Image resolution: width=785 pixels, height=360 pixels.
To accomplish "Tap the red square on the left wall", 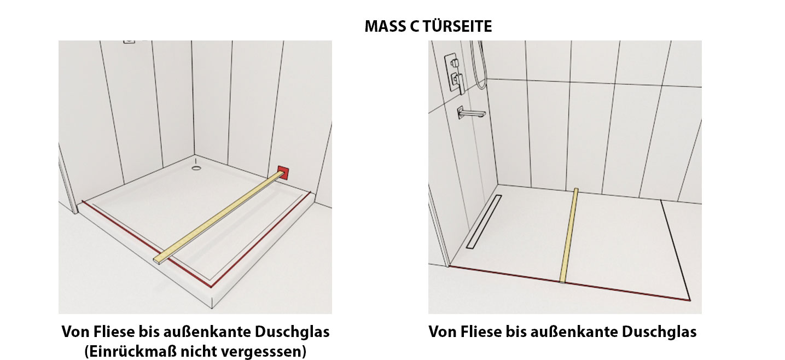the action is click(283, 173).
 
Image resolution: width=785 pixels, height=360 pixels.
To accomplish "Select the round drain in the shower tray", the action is click(196, 169).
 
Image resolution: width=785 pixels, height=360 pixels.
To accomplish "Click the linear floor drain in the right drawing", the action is click(484, 222).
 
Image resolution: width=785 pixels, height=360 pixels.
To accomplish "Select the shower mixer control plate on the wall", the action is click(455, 73).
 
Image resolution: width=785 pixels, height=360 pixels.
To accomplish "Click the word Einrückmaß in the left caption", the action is click(131, 351).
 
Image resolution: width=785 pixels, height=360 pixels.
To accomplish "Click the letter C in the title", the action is click(414, 26).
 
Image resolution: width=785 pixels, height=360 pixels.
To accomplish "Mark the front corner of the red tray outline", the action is click(211, 286).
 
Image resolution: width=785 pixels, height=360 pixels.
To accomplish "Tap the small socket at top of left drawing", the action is click(129, 42).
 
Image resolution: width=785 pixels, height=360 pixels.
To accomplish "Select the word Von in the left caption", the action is click(74, 332).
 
